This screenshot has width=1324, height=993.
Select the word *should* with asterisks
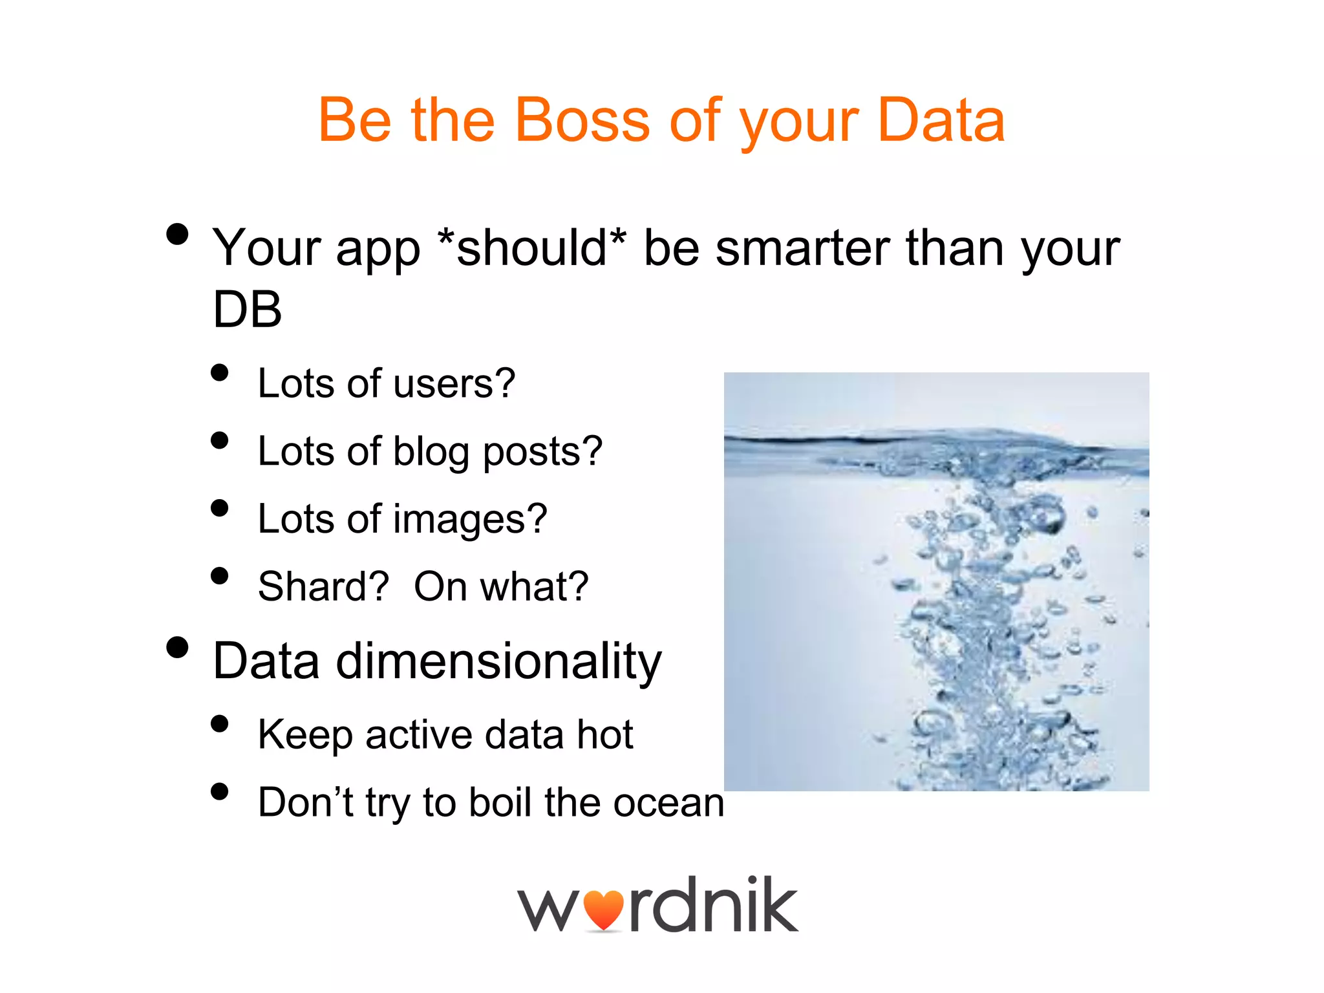click(x=531, y=248)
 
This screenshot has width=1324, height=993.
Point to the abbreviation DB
click(x=248, y=310)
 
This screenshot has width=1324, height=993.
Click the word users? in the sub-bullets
click(x=454, y=384)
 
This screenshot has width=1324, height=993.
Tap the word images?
click(x=470, y=520)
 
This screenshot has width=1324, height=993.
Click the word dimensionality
click(x=498, y=662)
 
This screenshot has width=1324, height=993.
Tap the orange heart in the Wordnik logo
click(x=603, y=910)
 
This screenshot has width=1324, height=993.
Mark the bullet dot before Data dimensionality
click(x=177, y=647)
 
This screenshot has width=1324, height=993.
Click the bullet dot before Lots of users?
click(x=220, y=373)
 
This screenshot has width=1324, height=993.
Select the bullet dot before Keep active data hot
click(x=220, y=724)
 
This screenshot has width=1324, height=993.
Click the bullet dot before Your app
click(x=177, y=234)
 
